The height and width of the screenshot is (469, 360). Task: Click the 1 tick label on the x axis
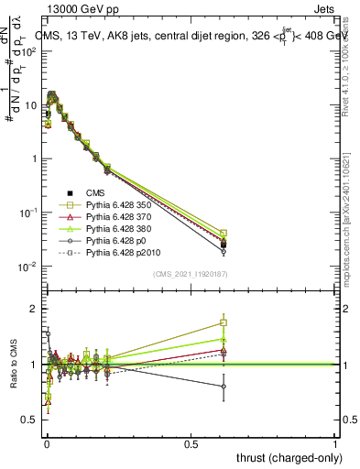point(336,443)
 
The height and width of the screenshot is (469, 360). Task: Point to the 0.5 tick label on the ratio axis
point(28,420)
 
